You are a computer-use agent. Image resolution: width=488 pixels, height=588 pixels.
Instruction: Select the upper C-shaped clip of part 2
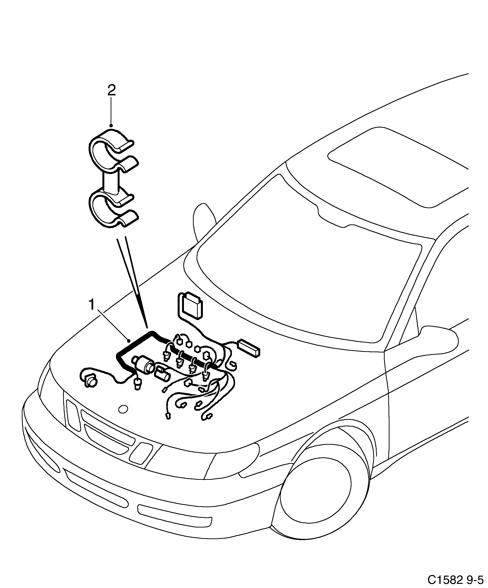tap(112, 151)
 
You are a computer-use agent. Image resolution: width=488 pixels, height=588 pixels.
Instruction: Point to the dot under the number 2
tap(111, 125)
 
